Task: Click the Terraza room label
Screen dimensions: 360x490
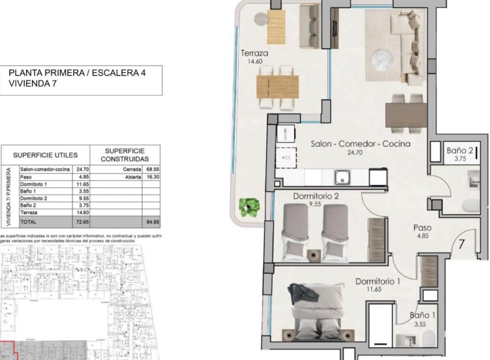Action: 254,54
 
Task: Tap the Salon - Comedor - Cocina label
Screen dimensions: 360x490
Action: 360,144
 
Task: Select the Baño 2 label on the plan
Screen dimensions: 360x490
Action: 459,151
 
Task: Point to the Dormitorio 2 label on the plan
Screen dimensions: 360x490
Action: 316,196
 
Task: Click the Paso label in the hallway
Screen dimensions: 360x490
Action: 423,228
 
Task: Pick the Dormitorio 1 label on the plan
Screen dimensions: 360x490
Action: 378,282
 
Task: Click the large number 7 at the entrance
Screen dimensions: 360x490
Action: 461,244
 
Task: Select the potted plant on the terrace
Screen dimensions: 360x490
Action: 251,205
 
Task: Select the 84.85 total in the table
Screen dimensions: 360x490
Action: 152,221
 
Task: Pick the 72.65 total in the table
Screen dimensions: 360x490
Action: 80,221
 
